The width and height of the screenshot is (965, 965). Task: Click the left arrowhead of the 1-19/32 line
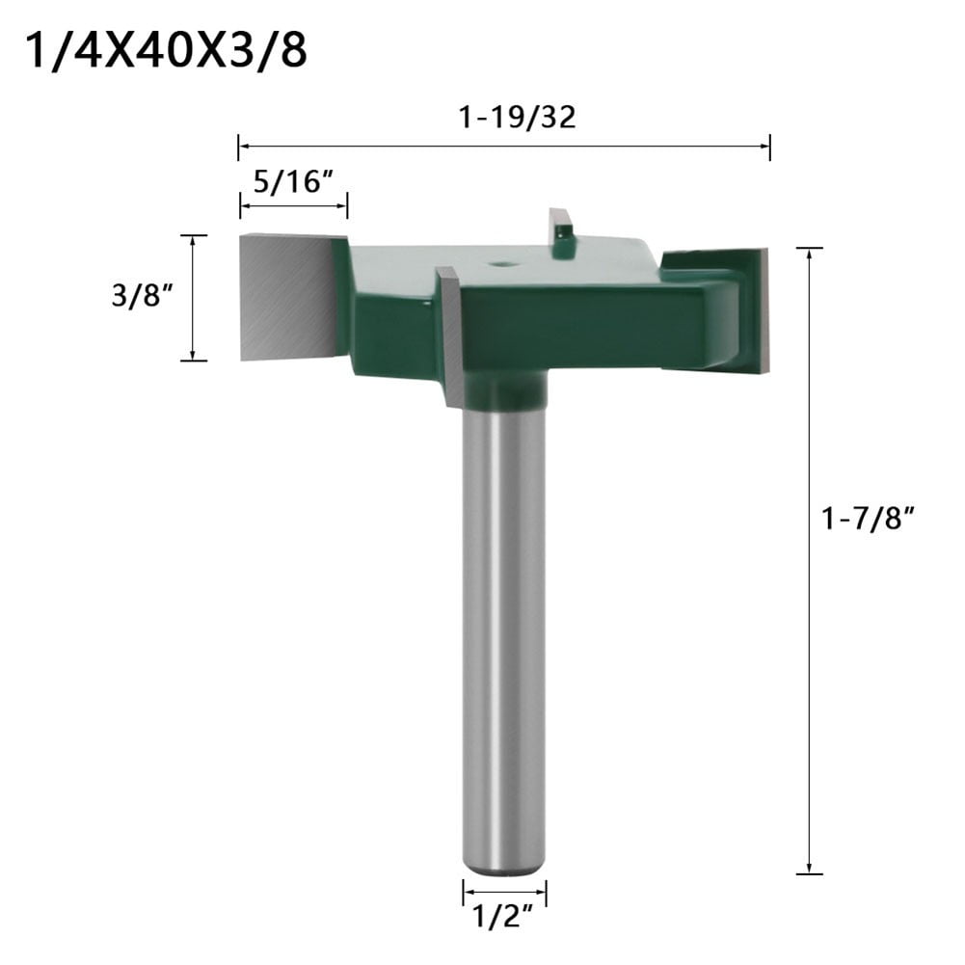click(243, 147)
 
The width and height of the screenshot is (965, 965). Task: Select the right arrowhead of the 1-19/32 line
click(765, 147)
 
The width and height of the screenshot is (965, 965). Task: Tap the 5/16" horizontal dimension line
click(293, 204)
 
